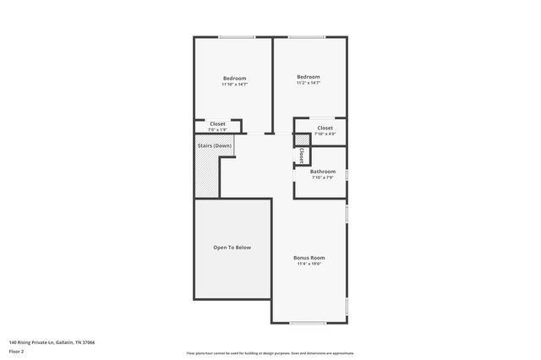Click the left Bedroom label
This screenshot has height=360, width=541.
pos(234,79)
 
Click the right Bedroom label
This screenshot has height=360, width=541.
pos(308,77)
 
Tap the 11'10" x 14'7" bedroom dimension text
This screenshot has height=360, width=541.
pos(234,85)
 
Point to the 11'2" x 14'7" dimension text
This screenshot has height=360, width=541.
pos(308,83)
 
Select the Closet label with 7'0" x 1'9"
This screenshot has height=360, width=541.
pos(217,123)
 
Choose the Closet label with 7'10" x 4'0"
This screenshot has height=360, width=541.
pos(325,128)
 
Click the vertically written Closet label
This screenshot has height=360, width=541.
pos(302,155)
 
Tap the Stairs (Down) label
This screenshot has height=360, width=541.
pos(215,145)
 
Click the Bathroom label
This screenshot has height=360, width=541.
pos(323,172)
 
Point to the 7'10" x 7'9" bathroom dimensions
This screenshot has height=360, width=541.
pos(323,177)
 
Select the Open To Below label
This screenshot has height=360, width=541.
pos(232,248)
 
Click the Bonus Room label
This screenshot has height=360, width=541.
pos(309,258)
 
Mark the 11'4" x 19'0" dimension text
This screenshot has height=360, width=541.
pos(309,264)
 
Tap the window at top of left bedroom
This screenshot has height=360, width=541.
pos(237,37)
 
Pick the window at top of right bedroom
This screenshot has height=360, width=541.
pos(310,37)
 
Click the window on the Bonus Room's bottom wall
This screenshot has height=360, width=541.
pos(309,322)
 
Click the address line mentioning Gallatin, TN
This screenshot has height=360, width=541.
pos(52,342)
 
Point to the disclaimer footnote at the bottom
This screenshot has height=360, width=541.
pos(270,353)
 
